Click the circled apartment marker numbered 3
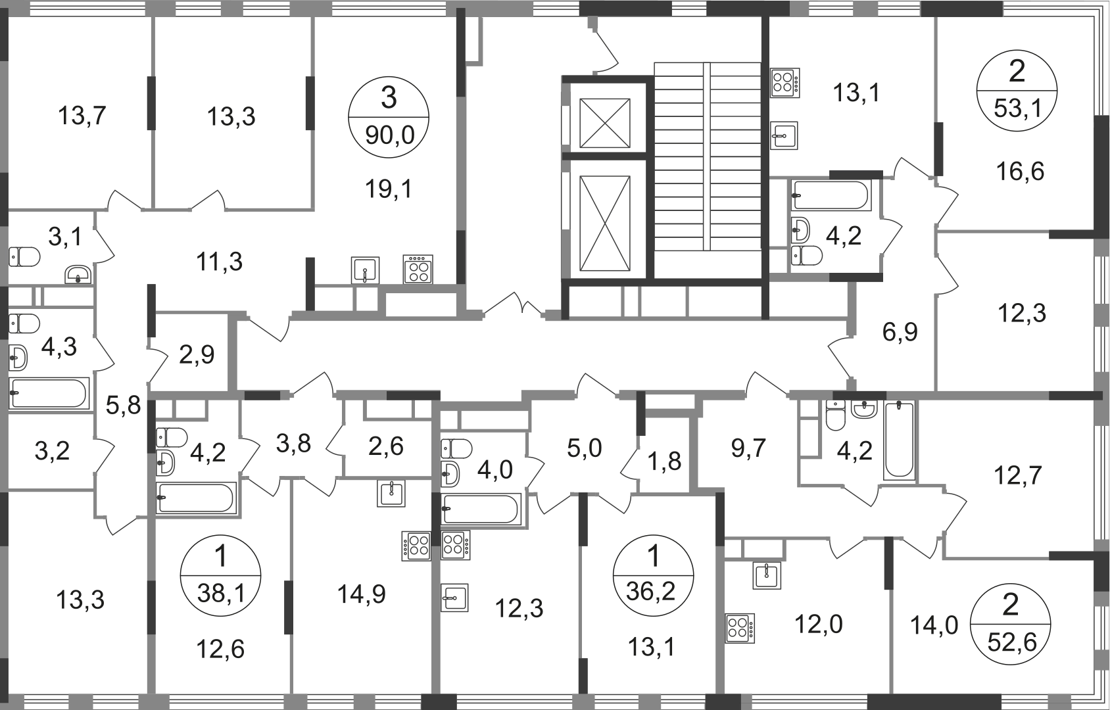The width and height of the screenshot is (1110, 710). pyautogui.click(x=389, y=118)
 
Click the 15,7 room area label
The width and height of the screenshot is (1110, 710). pyautogui.click(x=84, y=118)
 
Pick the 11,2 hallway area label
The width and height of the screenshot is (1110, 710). pyautogui.click(x=220, y=263)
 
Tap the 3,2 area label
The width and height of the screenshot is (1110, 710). pyautogui.click(x=53, y=451)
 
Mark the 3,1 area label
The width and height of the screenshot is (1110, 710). pyautogui.click(x=66, y=237)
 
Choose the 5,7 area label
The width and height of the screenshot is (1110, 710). pyautogui.click(x=750, y=449)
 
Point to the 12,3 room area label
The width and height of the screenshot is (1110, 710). pyautogui.click(x=1021, y=314)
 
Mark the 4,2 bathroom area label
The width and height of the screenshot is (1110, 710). pyautogui.click(x=844, y=235)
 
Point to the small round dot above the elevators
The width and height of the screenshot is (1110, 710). pyautogui.click(x=592, y=25)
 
